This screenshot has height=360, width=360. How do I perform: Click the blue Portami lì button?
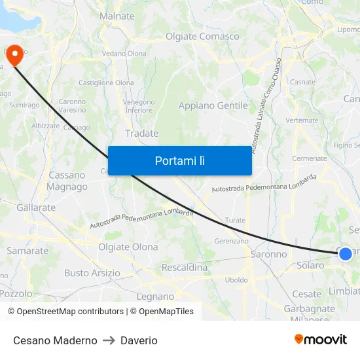pyautogui.click(x=179, y=160)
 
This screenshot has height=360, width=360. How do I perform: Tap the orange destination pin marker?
pyautogui.click(x=14, y=54)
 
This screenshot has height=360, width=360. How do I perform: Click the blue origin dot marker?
pyautogui.click(x=345, y=253)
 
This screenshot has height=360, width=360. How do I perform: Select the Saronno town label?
pyautogui.click(x=268, y=254)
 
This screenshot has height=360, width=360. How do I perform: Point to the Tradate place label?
pyautogui.click(x=141, y=134)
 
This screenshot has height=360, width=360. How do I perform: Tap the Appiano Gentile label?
pyautogui.click(x=213, y=105)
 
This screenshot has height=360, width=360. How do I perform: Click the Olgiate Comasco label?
pyautogui.click(x=202, y=37)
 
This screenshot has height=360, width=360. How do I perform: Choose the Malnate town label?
pyautogui.click(x=117, y=16)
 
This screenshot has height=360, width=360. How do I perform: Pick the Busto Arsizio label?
pyautogui.click(x=92, y=273)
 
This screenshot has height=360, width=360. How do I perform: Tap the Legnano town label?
pyautogui.click(x=155, y=297)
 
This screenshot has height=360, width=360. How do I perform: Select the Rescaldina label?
pyautogui.click(x=184, y=268)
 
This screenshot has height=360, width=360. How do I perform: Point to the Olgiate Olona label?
pyautogui.click(x=128, y=247)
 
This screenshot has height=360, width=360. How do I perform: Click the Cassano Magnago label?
pyautogui.click(x=67, y=181)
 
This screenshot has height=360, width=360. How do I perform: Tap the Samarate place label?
pyautogui.click(x=27, y=251)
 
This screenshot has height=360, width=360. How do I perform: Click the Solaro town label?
pyautogui.click(x=310, y=266)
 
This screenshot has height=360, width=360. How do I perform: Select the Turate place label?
pyautogui.click(x=235, y=221)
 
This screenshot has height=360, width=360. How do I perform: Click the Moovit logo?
pyautogui.click(x=321, y=340)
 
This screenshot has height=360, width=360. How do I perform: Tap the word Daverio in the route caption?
pyautogui.click(x=139, y=340)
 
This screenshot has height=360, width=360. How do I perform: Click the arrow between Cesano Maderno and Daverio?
pyautogui.click(x=109, y=340)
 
